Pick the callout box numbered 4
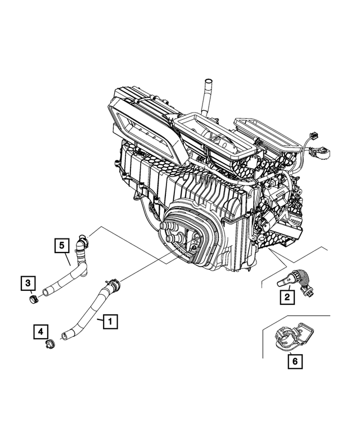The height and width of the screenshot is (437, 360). pos(40,332)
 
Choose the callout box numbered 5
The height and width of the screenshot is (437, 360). pos(62,246)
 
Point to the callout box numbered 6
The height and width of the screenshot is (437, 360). pos(294,362)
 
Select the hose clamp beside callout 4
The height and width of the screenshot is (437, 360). pos(48,344)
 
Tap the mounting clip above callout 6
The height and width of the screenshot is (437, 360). pos(292,337)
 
